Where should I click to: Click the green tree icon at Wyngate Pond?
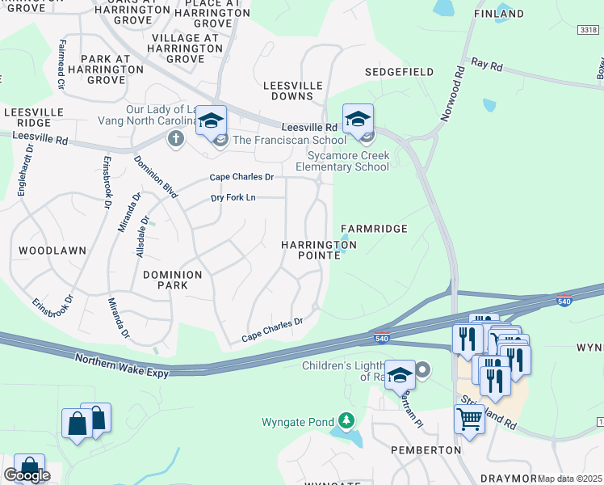[346, 421]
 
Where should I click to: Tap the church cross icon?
[174, 139]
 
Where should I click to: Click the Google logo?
[27, 475]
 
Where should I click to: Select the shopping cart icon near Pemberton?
[469, 420]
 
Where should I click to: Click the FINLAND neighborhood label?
[498, 14]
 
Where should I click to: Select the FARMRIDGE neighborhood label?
[374, 229]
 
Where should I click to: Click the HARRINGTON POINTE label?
[318, 249]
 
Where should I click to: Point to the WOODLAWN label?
[52, 251]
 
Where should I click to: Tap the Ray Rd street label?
[487, 62]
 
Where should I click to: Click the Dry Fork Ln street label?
[233, 197]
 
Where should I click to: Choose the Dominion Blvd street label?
[155, 176]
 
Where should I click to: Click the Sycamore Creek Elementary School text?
[348, 161]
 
